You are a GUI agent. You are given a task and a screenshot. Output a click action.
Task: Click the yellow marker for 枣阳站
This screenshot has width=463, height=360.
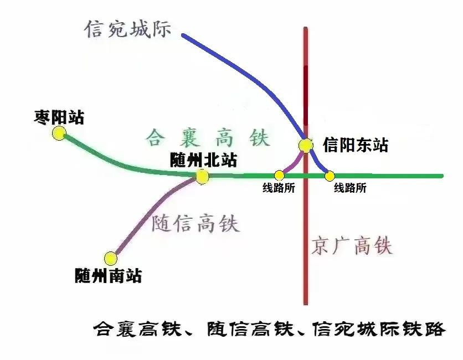click(59, 133)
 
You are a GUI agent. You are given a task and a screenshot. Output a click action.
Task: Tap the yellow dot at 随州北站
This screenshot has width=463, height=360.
click(202, 177)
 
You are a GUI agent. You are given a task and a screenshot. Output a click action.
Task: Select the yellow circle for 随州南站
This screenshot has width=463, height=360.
click(111, 259)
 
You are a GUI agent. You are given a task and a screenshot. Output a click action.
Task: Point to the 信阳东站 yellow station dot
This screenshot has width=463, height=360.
click(306, 145)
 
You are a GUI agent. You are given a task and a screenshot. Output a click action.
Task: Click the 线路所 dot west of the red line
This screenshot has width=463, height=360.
click(279, 176)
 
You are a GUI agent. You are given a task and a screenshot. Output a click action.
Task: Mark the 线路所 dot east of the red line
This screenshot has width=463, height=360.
click(330, 176)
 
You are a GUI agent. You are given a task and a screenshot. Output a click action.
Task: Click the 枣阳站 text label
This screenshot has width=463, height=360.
click(59, 117)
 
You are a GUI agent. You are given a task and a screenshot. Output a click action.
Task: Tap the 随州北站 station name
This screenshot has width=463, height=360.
click(203, 160)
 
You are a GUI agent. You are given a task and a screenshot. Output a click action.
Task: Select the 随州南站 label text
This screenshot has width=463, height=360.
click(108, 275)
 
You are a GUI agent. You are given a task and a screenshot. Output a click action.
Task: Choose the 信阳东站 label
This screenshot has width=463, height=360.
click(355, 145)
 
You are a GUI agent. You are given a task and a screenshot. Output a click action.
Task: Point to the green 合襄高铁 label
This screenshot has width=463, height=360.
click(208, 138)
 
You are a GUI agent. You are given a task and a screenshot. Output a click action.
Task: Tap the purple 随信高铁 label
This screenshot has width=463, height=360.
click(195, 223)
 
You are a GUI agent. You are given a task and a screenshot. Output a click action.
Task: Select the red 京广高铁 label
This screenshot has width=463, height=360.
click(352, 245)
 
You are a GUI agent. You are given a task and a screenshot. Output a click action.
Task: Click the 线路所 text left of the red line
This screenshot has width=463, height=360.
click(279, 188)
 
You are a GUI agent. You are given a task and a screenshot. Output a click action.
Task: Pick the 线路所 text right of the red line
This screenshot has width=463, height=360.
click(350, 188)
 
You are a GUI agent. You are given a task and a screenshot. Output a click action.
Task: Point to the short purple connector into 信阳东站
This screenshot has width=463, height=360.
click(295, 164)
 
